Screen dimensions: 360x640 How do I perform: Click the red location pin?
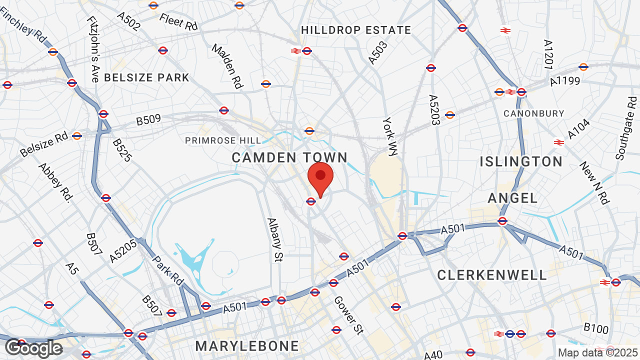tap(320, 177)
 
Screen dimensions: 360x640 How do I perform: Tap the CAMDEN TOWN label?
tap(289, 157)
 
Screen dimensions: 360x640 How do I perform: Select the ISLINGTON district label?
tap(521, 161)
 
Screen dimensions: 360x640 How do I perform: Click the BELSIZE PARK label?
tap(146, 77)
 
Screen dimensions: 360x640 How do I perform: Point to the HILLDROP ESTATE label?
tap(356, 30)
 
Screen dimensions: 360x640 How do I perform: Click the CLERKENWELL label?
tap(492, 275)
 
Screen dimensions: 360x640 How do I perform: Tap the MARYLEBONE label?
tap(247, 346)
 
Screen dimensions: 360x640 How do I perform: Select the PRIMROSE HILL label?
tap(223, 140)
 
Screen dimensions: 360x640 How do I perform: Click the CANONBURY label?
tap(533, 113)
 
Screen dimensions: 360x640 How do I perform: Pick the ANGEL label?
tap(512, 198)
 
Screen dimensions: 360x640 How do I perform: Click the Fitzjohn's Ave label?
tap(93, 49)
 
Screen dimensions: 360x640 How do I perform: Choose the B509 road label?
tap(148, 120)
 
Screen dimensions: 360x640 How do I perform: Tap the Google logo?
tap(33, 348)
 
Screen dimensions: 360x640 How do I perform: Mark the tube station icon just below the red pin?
tap(310, 201)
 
